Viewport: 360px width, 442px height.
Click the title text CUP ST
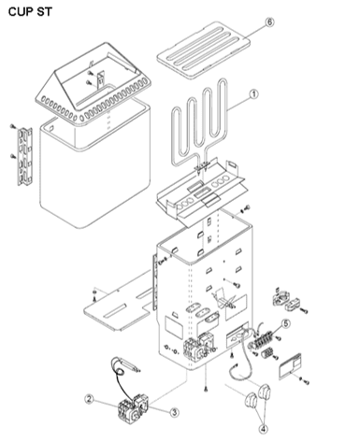pyautogui.click(x=30, y=12)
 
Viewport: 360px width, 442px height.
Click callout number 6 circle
pyautogui.click(x=269, y=22)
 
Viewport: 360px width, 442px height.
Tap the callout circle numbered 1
pyautogui.click(x=254, y=93)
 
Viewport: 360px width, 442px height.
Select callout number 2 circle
pyautogui.click(x=90, y=399)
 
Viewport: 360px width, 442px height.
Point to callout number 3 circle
pyautogui.click(x=174, y=412)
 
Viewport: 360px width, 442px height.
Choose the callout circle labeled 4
pyautogui.click(x=264, y=429)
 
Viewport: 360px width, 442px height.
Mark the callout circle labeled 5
pyautogui.click(x=285, y=323)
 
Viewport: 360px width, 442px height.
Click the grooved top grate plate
pyautogui.click(x=203, y=50)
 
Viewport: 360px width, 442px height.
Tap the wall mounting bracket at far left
pyautogui.click(x=24, y=156)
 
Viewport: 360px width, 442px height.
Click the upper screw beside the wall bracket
pyautogui.click(x=12, y=126)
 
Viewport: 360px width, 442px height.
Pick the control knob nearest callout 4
pyautogui.click(x=265, y=391)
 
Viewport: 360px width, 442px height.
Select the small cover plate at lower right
pyautogui.click(x=290, y=366)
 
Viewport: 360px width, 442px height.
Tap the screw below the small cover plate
pyautogui.click(x=305, y=380)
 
